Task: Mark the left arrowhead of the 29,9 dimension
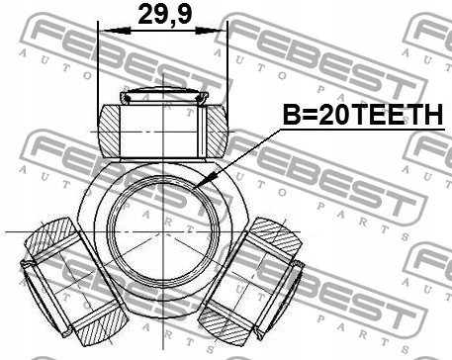click(x=108, y=30)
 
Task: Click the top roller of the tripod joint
click(x=162, y=130)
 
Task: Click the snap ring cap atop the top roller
click(x=162, y=96)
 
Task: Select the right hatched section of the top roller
click(x=214, y=130)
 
